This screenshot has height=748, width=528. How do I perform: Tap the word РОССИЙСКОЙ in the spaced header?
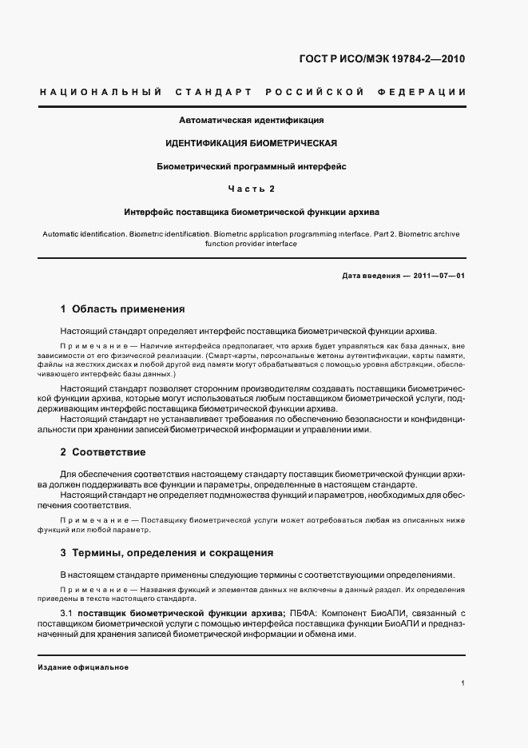(x=316, y=93)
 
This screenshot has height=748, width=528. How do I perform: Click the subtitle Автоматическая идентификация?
(x=251, y=120)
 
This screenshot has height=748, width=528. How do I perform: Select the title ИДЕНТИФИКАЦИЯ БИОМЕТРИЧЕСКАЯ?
(x=251, y=143)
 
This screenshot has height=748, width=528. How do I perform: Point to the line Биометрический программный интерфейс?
(x=251, y=166)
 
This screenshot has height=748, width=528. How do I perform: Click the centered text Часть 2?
(x=251, y=189)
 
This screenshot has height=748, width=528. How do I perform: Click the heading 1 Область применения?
(x=122, y=308)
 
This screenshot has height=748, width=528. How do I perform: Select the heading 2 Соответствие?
(x=103, y=452)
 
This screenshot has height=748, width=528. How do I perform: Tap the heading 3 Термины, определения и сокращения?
(x=167, y=552)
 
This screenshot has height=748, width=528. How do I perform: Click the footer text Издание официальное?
(x=83, y=666)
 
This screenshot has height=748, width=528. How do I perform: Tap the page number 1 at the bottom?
(x=463, y=683)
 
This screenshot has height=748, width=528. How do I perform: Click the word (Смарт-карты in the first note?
(x=230, y=354)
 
